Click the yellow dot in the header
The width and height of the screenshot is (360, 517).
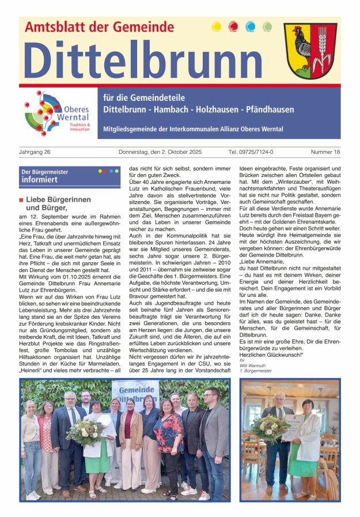coord(217,27)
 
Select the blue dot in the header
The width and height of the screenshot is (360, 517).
coord(250,27)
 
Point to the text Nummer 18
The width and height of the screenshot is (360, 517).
coord(325,152)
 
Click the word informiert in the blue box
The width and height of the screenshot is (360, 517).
coord(40,180)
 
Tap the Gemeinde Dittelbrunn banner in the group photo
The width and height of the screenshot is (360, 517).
coord(135,391)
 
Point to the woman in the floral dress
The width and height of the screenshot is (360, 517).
coord(168,438)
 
